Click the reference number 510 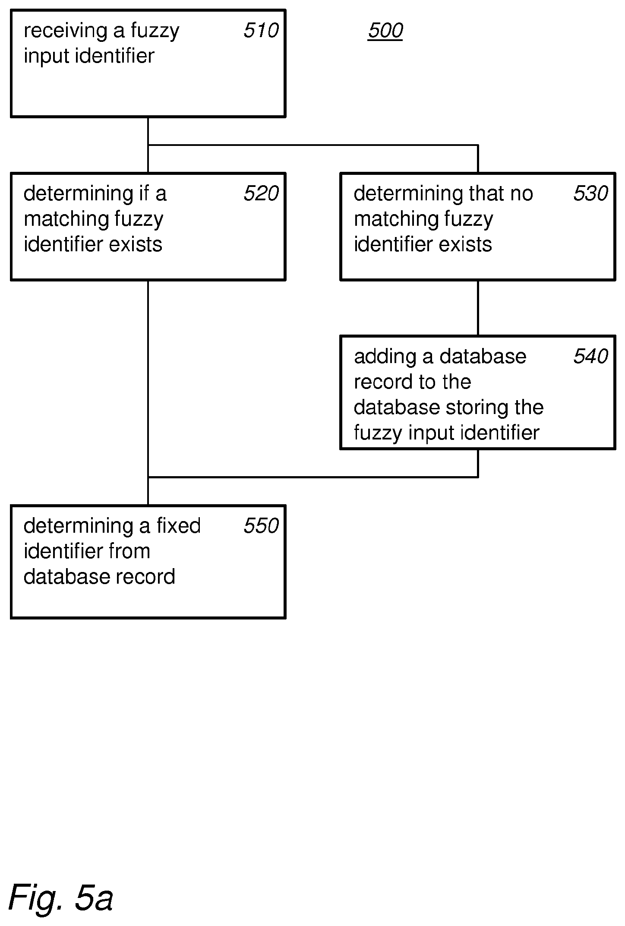(x=261, y=31)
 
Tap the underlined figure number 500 (x=385, y=31)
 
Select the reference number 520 (x=261, y=194)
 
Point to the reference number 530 (x=590, y=194)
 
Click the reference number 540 (x=590, y=357)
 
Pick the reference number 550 (x=261, y=526)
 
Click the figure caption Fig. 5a (x=61, y=897)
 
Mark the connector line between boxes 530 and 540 (x=478, y=308)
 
